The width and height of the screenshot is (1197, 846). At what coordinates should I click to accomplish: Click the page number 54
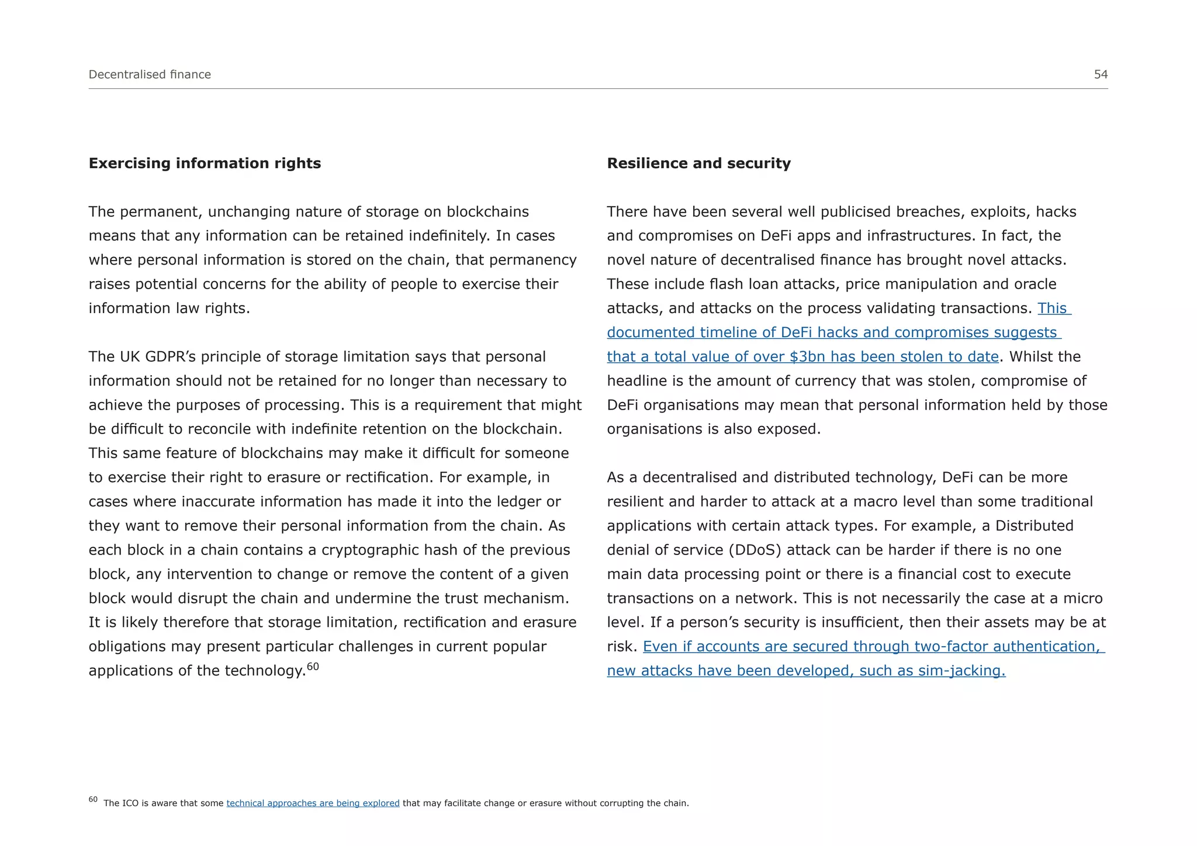tap(1101, 74)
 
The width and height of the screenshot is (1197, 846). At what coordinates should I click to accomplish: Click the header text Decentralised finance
tap(150, 74)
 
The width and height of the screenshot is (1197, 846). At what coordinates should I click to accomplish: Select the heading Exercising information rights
tap(205, 163)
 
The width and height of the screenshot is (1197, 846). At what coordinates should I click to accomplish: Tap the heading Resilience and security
tap(698, 163)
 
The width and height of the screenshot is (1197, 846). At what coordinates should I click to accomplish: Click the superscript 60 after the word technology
tap(313, 666)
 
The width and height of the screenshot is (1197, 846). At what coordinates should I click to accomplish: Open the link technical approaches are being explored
tap(313, 803)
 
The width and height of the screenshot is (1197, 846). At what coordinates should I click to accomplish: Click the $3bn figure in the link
tap(807, 356)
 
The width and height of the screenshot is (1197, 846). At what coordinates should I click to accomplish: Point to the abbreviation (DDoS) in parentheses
tap(763, 550)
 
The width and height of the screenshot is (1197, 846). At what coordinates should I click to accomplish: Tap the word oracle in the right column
tap(1035, 284)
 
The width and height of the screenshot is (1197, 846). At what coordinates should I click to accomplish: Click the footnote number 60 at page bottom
tap(93, 799)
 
